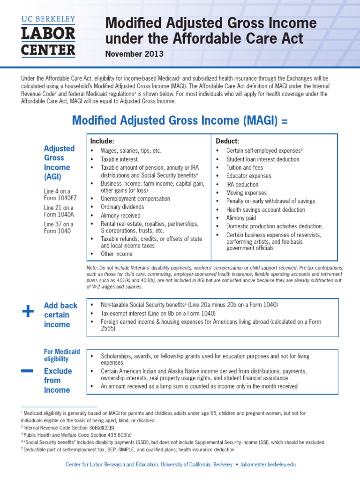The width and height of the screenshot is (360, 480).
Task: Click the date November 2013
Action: coord(134,54)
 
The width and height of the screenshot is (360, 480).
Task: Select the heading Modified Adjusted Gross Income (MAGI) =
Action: coord(180,120)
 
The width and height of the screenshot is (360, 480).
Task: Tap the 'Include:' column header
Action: coord(102,141)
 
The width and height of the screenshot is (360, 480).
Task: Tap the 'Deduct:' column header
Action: coord(227,141)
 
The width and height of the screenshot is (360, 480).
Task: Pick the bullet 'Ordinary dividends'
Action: coord(122,207)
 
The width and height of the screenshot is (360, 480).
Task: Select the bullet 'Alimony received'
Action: coord(121,216)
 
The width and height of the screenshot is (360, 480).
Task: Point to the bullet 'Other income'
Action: coord(117,254)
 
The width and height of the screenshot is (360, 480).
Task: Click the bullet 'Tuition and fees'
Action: coord(245,168)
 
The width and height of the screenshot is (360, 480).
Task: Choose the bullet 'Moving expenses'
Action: coord(246,193)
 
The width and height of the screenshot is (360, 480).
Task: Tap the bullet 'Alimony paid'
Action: coord(241,218)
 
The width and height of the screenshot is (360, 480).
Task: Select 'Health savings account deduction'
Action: coord(265,210)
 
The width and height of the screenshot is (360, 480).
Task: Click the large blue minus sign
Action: coord(27,371)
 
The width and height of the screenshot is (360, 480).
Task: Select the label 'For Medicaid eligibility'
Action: coord(62,355)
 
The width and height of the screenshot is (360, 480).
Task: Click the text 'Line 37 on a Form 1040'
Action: coord(59,227)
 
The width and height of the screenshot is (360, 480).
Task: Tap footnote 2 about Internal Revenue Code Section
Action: coord(68,428)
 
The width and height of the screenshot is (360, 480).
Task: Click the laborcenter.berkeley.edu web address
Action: coord(268,465)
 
